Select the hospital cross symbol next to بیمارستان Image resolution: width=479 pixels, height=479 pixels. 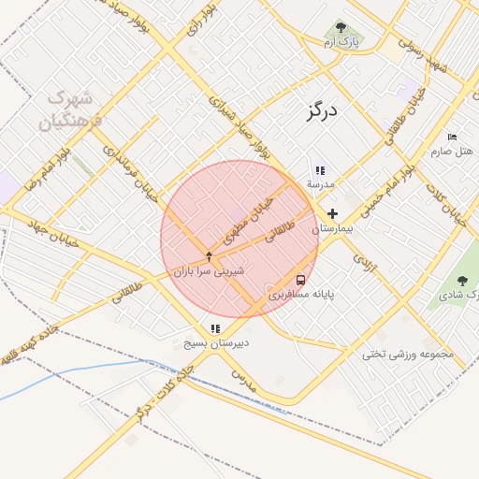(x=332, y=214)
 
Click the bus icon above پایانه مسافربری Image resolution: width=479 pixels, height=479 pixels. (x=300, y=279)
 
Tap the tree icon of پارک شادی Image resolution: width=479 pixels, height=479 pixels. (x=461, y=281)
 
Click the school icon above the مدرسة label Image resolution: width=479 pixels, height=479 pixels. (x=320, y=171)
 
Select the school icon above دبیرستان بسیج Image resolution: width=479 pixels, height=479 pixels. (x=216, y=329)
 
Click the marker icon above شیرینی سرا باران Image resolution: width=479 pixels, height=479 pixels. (x=209, y=255)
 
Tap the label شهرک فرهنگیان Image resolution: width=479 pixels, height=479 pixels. (x=68, y=109)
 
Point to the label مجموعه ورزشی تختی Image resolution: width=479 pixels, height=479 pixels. (x=408, y=355)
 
